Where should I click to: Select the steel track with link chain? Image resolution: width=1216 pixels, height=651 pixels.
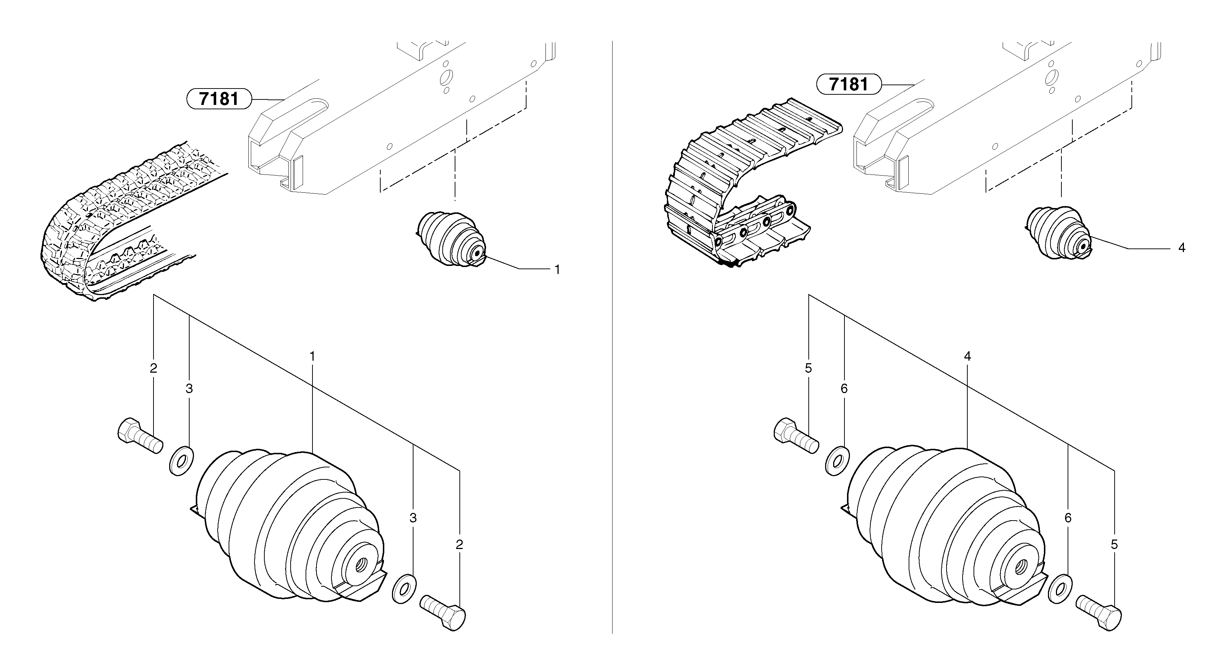coord(737,189)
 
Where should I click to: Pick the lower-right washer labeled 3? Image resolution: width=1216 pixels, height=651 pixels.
coord(404,589)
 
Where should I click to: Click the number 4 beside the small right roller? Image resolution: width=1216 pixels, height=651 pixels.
coord(1181,248)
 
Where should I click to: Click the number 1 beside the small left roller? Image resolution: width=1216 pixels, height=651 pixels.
coord(557,270)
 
